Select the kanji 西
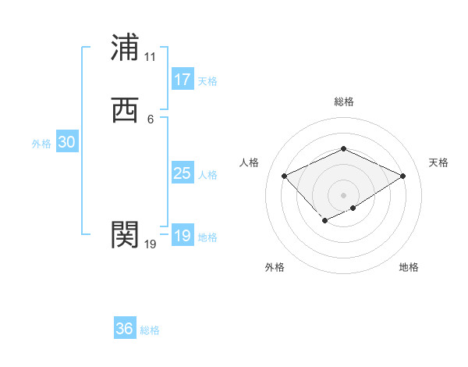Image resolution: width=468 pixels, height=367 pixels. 125,110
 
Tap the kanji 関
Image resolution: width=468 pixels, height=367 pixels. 125,233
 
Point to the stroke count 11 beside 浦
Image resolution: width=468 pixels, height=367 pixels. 150,57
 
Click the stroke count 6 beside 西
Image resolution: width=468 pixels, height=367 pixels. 150,119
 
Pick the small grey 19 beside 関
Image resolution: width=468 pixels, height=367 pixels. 150,244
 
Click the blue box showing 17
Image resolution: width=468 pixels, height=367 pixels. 182,79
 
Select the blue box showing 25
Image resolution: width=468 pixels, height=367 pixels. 182,173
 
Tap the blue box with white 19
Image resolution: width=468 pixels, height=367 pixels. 182,236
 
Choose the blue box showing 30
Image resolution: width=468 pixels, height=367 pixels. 66,142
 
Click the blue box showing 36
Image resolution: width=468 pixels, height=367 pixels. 125,329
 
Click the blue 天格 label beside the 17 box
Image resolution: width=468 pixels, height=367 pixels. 207,80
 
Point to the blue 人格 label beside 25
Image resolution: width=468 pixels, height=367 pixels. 207,175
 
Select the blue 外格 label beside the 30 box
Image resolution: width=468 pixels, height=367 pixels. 41,144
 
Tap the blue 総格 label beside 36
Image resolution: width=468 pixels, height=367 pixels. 150,330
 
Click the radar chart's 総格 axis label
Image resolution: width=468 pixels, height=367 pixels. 343,102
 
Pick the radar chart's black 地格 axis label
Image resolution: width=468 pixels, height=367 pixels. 409,267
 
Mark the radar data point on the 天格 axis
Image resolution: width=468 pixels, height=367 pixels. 402,176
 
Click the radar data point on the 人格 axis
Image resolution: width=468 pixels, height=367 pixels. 285,176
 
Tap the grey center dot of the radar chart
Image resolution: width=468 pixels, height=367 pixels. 343,194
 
